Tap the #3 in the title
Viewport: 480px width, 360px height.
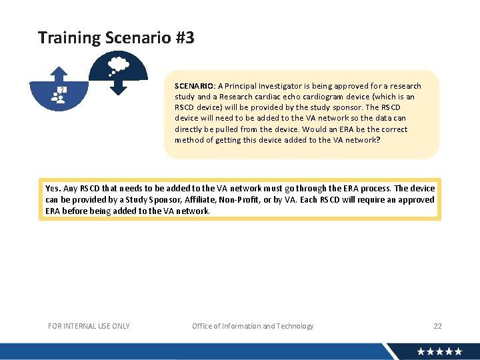pyautogui.click(x=185, y=38)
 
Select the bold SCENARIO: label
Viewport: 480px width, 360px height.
pyautogui.click(x=195, y=86)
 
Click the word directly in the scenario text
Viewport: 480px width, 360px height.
pyautogui.click(x=190, y=129)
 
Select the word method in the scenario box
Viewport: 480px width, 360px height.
pyautogui.click(x=189, y=140)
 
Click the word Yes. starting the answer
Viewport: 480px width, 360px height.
pyautogui.click(x=53, y=189)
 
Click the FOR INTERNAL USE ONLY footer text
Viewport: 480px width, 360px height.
pyautogui.click(x=89, y=326)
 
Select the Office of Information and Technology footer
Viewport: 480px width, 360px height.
pyautogui.click(x=253, y=326)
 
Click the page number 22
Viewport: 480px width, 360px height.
pyautogui.click(x=437, y=326)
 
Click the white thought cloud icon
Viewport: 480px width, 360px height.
pyautogui.click(x=118, y=65)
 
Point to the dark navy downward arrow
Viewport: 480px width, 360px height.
pyautogui.click(x=117, y=87)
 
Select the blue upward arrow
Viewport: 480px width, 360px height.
pyautogui.click(x=60, y=73)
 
